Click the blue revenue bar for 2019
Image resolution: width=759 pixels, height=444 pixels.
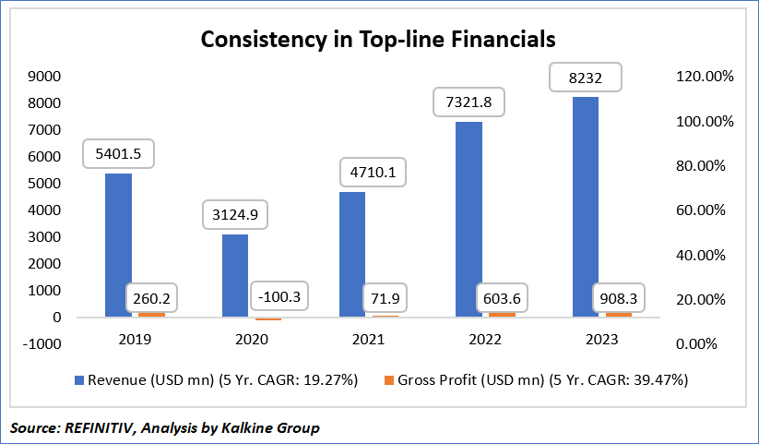pyautogui.click(x=117, y=245)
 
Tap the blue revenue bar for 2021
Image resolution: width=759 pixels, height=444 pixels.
pyautogui.click(x=351, y=254)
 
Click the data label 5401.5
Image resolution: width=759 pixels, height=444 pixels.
pyautogui.click(x=117, y=152)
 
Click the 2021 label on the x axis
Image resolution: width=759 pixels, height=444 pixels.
pyautogui.click(x=370, y=339)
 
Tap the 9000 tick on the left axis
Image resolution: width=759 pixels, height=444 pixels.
pyautogui.click(x=43, y=77)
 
